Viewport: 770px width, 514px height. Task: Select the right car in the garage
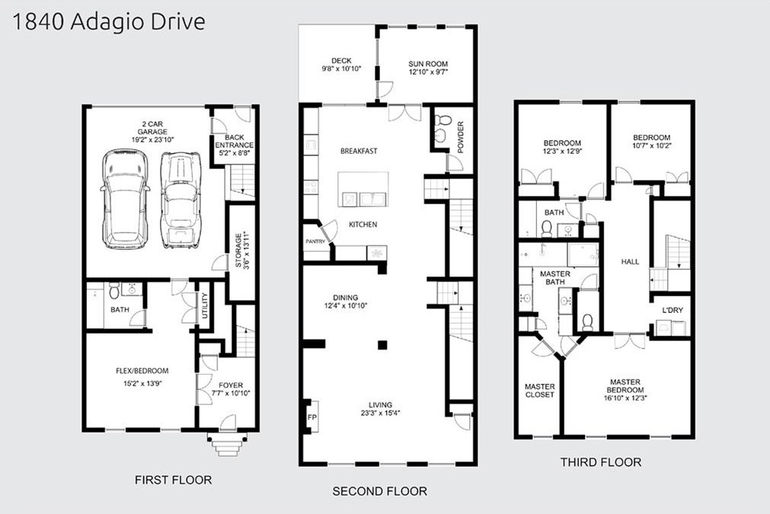tap(181, 200)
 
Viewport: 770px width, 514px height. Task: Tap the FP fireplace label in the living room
tap(312, 418)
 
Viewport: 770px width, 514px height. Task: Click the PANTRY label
tap(315, 241)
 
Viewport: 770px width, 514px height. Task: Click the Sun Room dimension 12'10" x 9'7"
tap(428, 72)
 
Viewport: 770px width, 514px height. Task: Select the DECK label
tap(341, 61)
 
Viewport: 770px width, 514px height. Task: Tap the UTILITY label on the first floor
tap(206, 305)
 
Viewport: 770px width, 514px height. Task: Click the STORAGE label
tap(238, 251)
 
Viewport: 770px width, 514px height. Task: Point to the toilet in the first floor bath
tap(114, 290)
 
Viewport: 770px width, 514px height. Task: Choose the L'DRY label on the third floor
tap(673, 310)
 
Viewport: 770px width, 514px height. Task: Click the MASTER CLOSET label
tap(540, 391)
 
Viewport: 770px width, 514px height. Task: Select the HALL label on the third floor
tap(630, 262)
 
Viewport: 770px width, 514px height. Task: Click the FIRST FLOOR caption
tap(174, 480)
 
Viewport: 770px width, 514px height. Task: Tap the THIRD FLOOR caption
tap(601, 462)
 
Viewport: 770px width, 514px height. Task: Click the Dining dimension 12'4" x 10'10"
tap(346, 305)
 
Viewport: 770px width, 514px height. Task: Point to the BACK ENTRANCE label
tap(235, 142)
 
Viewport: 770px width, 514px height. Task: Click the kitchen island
tap(363, 190)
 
